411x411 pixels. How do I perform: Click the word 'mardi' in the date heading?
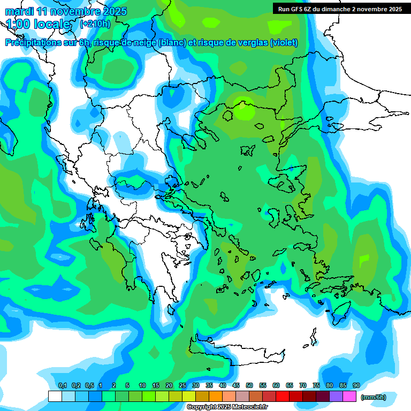(19, 11)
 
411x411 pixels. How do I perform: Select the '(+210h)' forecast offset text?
(95, 24)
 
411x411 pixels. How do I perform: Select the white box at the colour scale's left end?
(55, 397)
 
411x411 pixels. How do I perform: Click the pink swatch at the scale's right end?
(349, 397)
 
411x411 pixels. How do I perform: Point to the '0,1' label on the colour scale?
(63, 386)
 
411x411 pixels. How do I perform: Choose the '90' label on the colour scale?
(356, 386)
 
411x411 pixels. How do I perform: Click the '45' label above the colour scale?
(236, 386)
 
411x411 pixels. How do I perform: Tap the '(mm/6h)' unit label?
(374, 397)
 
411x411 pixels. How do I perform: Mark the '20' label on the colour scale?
(169, 386)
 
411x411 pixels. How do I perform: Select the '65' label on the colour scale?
(290, 386)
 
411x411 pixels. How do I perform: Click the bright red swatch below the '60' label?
(283, 397)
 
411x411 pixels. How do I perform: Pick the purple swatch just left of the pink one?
(336, 397)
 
